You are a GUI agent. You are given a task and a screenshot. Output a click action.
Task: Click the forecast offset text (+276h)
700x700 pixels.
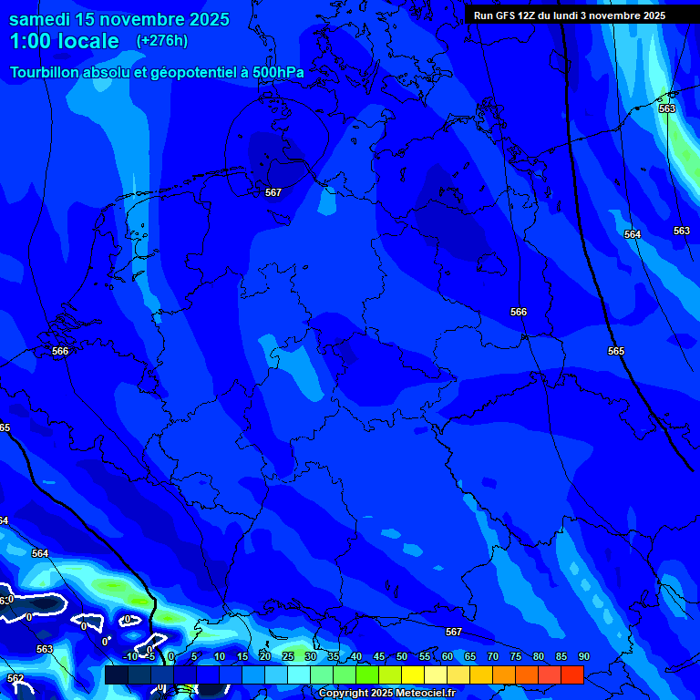coord(162,41)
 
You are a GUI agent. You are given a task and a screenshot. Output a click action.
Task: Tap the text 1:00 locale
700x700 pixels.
coord(64,41)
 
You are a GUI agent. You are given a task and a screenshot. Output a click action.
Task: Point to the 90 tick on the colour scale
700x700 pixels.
coord(584,657)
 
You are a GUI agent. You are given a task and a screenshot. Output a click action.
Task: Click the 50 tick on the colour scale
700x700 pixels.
coord(402,657)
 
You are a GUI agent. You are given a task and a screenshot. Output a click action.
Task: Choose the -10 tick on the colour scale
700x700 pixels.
coord(130,657)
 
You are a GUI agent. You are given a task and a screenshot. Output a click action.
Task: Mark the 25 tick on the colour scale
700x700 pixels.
coord(288,657)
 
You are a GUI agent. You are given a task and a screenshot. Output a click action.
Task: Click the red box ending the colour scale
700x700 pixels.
coord(572,674)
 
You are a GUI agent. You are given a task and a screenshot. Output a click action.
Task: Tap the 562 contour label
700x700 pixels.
coord(15,679)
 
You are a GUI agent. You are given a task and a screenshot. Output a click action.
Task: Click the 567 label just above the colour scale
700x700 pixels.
coord(454,632)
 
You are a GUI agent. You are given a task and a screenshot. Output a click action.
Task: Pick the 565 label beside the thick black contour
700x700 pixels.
coord(616,351)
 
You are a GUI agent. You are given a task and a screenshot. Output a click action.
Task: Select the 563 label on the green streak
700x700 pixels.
coord(667,108)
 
